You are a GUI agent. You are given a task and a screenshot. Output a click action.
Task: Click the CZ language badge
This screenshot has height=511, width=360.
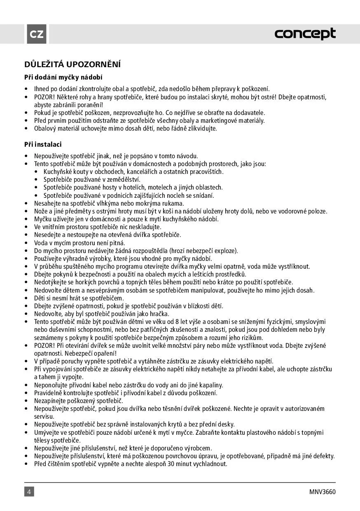point(37,34)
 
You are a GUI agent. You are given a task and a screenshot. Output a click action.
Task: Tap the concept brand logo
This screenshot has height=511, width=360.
point(305,34)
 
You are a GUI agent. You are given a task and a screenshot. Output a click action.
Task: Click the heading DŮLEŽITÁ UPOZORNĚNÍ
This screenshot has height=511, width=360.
point(72,64)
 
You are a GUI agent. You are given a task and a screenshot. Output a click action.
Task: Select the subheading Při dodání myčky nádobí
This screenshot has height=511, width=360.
point(63,77)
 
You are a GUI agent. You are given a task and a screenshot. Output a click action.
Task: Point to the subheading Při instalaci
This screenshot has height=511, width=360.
point(43,145)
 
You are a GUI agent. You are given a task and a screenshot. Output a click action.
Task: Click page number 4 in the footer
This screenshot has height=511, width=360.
point(29,492)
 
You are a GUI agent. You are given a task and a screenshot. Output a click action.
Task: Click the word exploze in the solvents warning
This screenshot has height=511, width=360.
point(227,251)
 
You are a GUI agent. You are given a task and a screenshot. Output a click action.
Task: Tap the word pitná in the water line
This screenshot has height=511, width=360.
point(117,243)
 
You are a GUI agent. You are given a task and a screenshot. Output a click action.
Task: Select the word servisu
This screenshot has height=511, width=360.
point(44,417)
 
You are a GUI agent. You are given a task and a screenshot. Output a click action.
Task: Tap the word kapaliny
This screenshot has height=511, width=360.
point(210,385)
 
